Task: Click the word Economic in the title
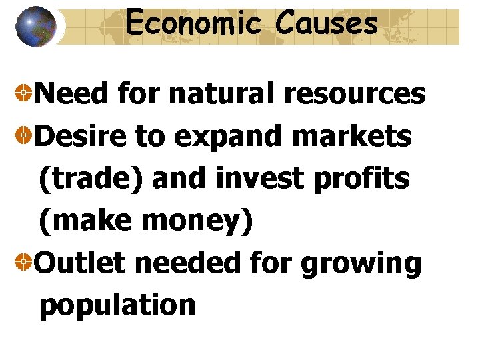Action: (192, 24)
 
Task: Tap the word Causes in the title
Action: (327, 24)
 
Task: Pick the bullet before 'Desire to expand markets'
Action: (23, 137)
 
